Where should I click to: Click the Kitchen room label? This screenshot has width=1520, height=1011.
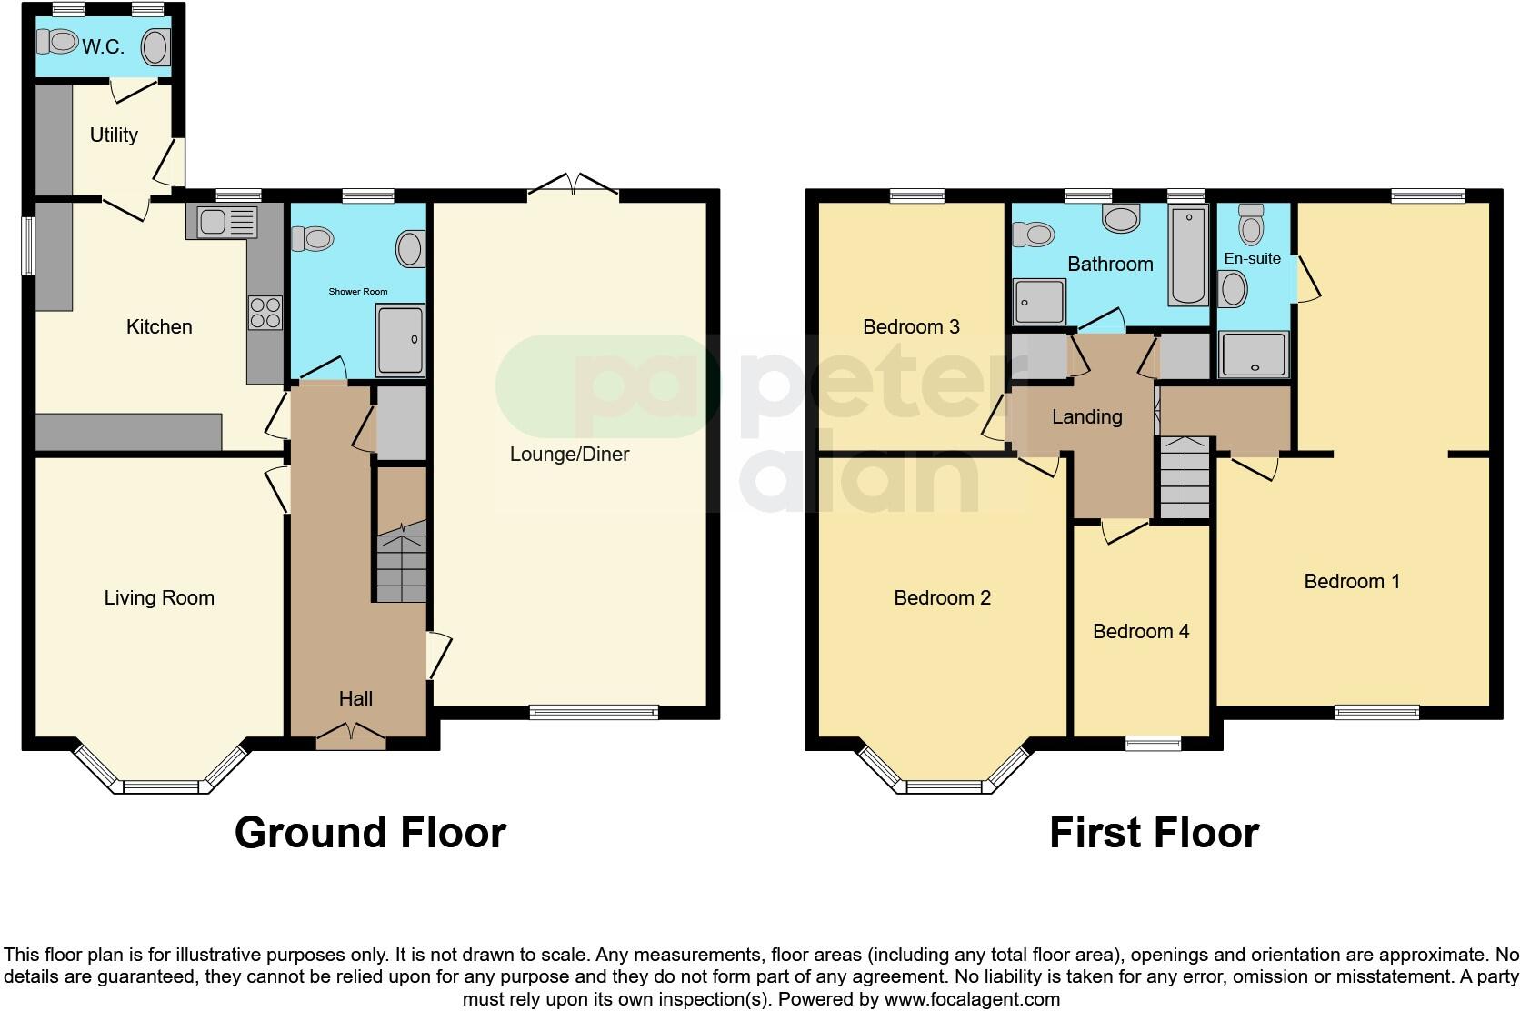point(159,327)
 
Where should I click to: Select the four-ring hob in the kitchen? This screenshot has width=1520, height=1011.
point(265,313)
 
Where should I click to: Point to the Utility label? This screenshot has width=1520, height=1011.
point(114,135)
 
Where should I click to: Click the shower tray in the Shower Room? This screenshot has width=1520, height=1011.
point(400,341)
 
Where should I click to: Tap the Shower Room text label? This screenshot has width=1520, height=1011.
point(357,292)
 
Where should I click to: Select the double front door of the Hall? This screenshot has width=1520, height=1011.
point(351,736)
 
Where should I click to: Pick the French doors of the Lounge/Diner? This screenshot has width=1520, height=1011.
point(573,185)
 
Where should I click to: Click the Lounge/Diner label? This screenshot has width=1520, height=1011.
point(569,455)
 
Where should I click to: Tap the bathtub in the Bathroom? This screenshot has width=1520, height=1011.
point(1187,256)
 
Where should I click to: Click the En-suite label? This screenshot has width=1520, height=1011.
point(1252,259)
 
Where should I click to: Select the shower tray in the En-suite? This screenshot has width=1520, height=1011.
point(1254,355)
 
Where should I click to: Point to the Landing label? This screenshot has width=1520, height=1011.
point(1086,417)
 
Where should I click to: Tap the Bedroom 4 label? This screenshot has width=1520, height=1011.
point(1140,632)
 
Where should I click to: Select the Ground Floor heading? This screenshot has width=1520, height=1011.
point(370,833)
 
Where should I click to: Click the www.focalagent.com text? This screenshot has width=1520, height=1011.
point(972,999)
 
